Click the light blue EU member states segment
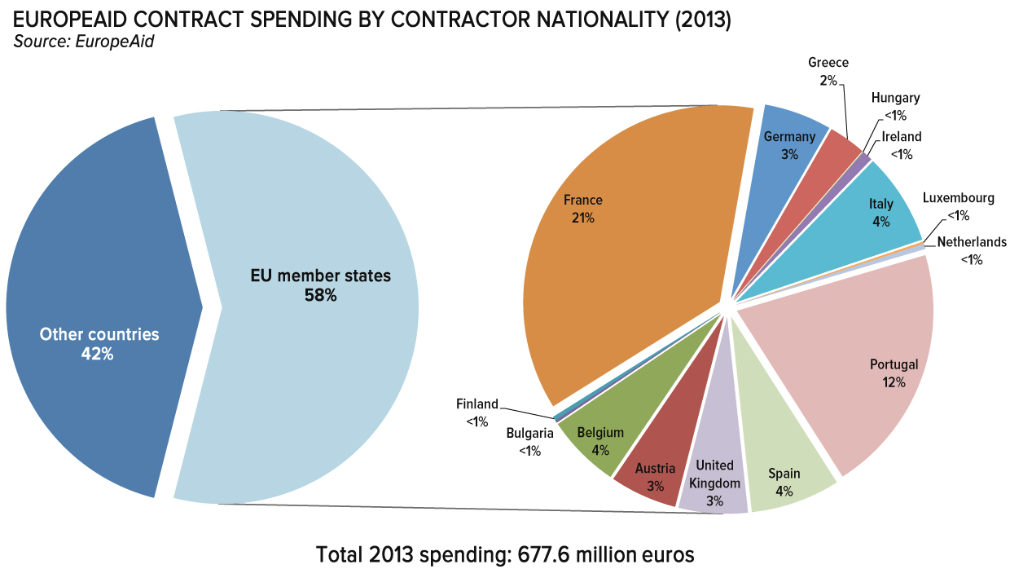[318, 367]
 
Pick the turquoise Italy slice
[872, 212]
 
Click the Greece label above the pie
[828, 63]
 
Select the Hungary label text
[895, 98]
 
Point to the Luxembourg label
[958, 198]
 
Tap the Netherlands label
[971, 242]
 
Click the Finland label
[476, 404]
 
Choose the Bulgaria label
[529, 433]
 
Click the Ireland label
[902, 137]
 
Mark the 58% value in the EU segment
[320, 295]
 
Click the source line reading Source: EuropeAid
[83, 42]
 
